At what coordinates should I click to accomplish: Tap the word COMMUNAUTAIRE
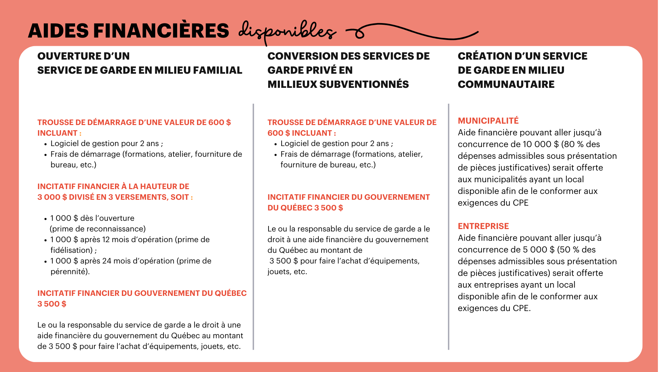pos(506,84)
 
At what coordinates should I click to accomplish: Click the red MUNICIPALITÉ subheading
pos(488,121)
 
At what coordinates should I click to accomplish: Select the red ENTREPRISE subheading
pos(483,226)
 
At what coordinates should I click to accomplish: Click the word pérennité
pos(69,272)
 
